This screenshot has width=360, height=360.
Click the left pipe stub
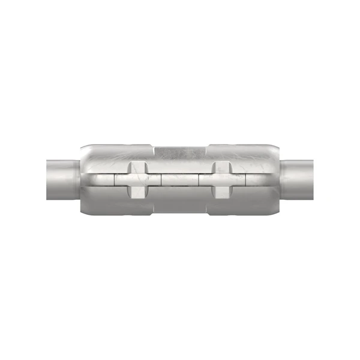point(60,179)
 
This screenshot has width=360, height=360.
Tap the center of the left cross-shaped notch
point(137,179)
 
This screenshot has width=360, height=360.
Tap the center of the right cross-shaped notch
point(221,179)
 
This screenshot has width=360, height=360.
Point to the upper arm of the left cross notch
point(137,166)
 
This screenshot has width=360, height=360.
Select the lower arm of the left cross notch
point(137,192)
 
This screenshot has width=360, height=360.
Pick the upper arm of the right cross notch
point(221,166)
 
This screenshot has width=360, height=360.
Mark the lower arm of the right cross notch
point(221,192)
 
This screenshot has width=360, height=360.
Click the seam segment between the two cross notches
point(179,179)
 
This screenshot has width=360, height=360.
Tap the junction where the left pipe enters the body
point(79,179)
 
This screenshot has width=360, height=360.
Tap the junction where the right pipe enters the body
point(281,179)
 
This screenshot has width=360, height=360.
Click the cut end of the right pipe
point(313,179)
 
